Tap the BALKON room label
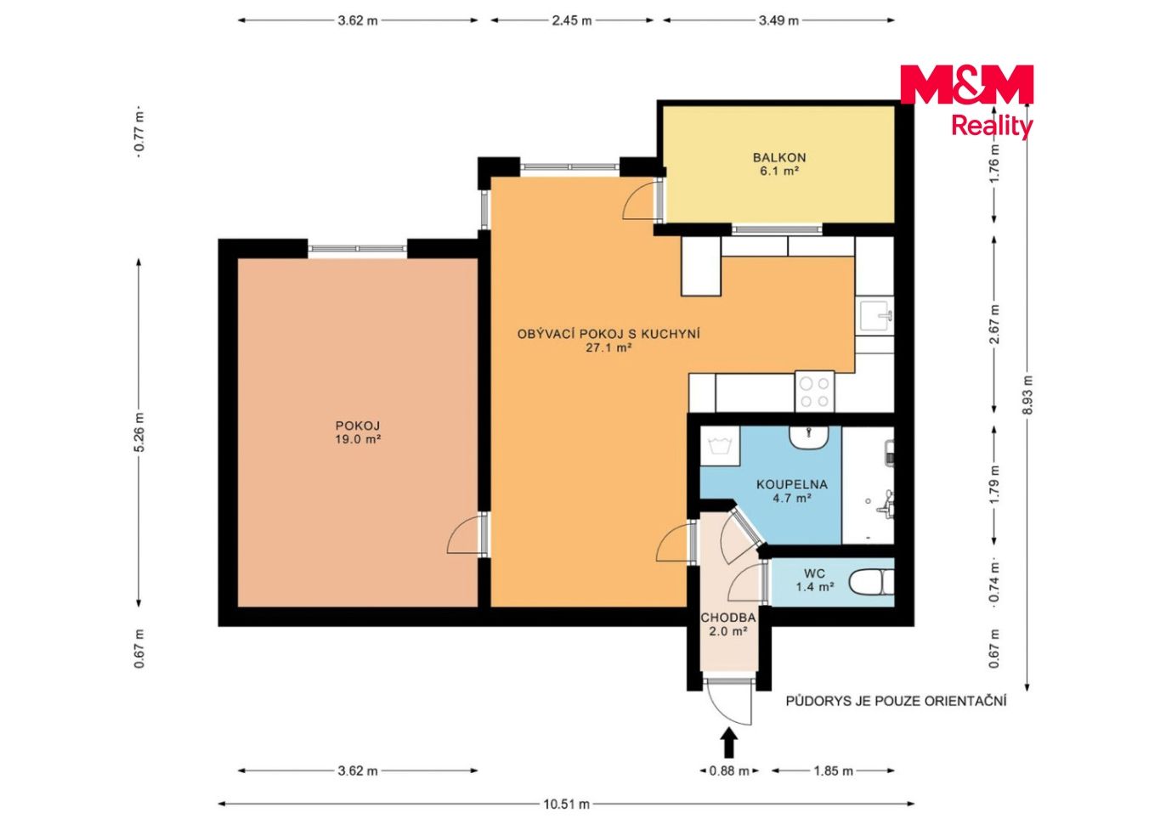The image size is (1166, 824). tap(779, 157)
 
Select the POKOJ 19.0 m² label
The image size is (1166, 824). tap(358, 432)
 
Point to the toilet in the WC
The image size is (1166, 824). tap(871, 582)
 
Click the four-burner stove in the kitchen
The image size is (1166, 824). tap(815, 392)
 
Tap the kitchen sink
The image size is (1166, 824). tap(875, 316)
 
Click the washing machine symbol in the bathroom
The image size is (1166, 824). tap(720, 446)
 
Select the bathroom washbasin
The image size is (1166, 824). tap(809, 437)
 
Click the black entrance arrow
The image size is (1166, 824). tap(729, 742)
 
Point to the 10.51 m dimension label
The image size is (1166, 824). tap(566, 804)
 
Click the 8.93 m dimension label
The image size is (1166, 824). tap(1027, 395)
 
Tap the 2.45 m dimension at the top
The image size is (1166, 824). tap(572, 20)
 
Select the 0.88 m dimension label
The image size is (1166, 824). tap(729, 771)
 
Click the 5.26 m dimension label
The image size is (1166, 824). tap(139, 432)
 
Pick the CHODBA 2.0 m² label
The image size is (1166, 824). tap(728, 624)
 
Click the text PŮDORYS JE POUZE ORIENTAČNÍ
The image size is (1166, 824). tap(896, 701)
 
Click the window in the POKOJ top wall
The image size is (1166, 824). tap(357, 249)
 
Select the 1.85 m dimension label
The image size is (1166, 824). tap(833, 771)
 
